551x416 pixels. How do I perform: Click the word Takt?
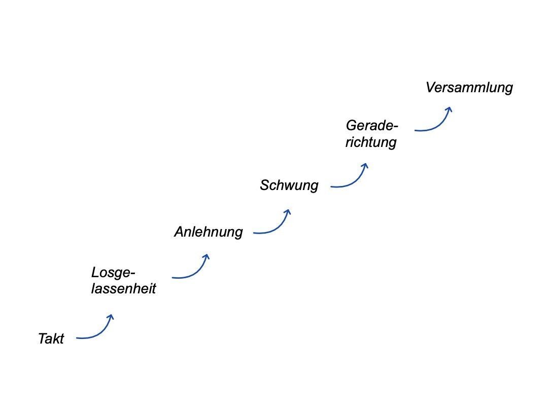coord(51,338)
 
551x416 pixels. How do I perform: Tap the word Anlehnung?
coord(209,232)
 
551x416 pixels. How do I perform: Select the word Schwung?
coord(289,185)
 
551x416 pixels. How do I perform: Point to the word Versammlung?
coord(469,88)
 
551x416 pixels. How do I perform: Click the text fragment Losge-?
coord(113,273)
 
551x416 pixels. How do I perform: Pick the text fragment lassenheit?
coord(123,289)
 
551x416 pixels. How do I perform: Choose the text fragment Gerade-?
coord(372,125)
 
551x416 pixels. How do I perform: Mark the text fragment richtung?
coord(371,142)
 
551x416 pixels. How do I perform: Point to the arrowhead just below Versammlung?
coord(449,109)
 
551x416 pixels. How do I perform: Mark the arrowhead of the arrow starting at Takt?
coord(111,318)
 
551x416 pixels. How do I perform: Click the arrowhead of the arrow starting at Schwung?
coord(365,166)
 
